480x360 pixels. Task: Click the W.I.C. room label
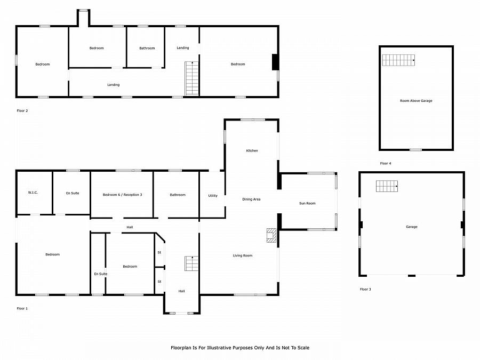pyautogui.click(x=33, y=193)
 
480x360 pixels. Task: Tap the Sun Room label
pyautogui.click(x=307, y=203)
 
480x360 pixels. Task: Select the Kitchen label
pyautogui.click(x=252, y=150)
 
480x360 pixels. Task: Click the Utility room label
pyautogui.click(x=213, y=196)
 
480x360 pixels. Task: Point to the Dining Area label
pyautogui.click(x=251, y=199)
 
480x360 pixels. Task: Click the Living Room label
pyautogui.click(x=243, y=255)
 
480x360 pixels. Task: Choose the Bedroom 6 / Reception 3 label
pyautogui.click(x=122, y=195)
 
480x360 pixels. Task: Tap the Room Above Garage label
pyautogui.click(x=416, y=101)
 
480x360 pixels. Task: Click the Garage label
pyautogui.click(x=411, y=227)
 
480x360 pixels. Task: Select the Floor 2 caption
pyautogui.click(x=22, y=111)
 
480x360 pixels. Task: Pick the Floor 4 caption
pyautogui.click(x=386, y=164)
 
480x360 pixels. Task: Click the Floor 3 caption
pyautogui.click(x=365, y=289)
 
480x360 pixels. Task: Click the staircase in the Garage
pyautogui.click(x=387, y=186)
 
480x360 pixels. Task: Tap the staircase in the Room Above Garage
pyautogui.click(x=398, y=60)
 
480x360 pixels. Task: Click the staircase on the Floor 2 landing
pyautogui.click(x=192, y=78)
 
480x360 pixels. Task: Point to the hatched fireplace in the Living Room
pyautogui.click(x=271, y=235)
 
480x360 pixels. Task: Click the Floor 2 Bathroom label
pyautogui.click(x=147, y=49)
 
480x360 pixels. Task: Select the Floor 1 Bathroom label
pyautogui.click(x=178, y=195)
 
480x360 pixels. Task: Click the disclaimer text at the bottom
pyautogui.click(x=240, y=348)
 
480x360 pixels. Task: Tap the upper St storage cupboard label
pyautogui.click(x=159, y=253)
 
